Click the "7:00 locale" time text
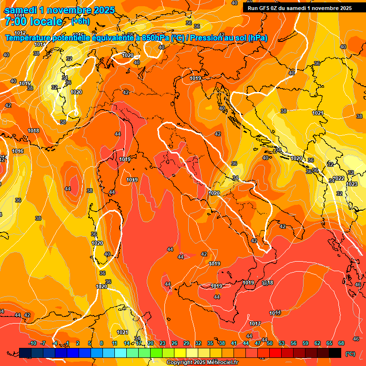click(33, 21)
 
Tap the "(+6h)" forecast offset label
click(80, 21)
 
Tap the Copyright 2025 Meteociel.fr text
click(202, 363)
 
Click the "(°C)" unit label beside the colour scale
click(350, 354)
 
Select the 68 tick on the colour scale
click(341, 343)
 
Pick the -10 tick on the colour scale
click(32, 343)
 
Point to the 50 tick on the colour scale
click(270, 343)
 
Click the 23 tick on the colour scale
click(163, 343)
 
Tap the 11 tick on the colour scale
click(114, 343)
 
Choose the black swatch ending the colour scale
click(335, 353)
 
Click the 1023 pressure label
click(352, 184)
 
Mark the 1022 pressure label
click(338, 178)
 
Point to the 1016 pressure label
click(18, 151)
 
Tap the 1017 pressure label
click(255, 324)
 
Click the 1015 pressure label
click(25, 83)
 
